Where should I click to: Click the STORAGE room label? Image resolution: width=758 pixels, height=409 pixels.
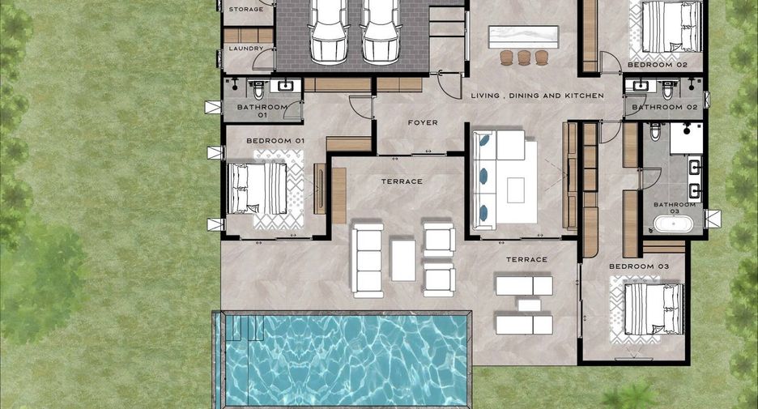[x=246, y=9]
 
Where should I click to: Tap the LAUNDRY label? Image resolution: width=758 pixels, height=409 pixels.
[x=246, y=49]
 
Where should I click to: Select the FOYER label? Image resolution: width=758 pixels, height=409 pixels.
[x=423, y=123]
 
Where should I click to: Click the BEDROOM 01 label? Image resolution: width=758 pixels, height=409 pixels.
[x=275, y=141]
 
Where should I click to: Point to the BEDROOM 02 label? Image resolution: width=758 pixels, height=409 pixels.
[x=657, y=64]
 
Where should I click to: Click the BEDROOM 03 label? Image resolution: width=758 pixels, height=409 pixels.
[x=639, y=266]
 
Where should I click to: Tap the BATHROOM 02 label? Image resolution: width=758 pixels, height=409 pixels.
[x=665, y=107]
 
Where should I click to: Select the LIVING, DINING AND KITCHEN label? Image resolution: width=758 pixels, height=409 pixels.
[x=538, y=96]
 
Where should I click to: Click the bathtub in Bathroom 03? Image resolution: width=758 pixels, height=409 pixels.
[x=674, y=224]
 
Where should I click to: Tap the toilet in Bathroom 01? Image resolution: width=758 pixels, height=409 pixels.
[x=258, y=90]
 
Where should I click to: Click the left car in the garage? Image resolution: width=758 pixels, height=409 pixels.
[x=329, y=32]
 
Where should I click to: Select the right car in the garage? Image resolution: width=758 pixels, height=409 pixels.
[x=381, y=32]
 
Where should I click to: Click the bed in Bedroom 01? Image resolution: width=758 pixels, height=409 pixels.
[x=258, y=189]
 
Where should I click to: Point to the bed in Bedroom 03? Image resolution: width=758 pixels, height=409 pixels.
[x=654, y=309]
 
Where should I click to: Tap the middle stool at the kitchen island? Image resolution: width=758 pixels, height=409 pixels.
[x=523, y=58]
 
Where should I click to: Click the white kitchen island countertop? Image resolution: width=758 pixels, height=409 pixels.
[x=523, y=36]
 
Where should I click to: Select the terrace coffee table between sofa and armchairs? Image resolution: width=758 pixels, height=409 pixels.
[x=402, y=260]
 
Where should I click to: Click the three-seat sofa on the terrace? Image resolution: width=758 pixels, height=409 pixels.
[x=368, y=260]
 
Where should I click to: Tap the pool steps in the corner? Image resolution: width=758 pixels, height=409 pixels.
[x=245, y=328]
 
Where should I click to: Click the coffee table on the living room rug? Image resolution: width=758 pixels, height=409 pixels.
[x=516, y=190]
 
